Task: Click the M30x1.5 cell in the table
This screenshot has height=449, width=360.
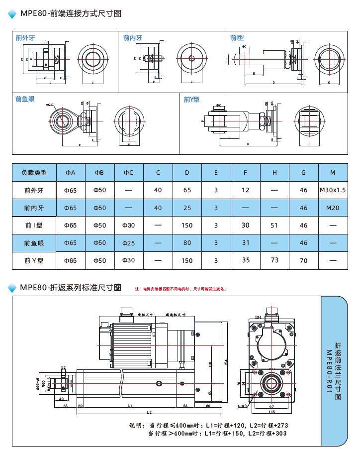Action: [333, 190]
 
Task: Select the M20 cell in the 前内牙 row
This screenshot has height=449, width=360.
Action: [333, 208]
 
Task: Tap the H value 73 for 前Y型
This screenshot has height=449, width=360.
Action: [274, 260]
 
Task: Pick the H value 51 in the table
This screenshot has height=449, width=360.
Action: [274, 225]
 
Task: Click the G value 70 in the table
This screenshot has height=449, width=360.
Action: [303, 260]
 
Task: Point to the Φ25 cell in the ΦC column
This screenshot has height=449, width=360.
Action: [128, 243]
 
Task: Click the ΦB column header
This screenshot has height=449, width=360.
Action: [99, 173]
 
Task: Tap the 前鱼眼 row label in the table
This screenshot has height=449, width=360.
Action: [34, 243]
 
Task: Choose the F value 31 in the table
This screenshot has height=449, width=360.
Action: [246, 243]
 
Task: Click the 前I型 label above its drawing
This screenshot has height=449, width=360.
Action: [237, 37]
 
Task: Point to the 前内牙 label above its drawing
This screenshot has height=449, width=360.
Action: [133, 37]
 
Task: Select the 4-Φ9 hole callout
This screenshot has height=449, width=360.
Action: [242, 406]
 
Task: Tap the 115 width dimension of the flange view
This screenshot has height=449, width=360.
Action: [271, 412]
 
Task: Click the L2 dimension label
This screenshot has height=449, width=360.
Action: [149, 412]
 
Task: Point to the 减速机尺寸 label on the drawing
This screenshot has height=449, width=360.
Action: [176, 315]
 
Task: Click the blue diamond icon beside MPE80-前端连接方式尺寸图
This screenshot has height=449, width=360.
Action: [12, 13]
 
